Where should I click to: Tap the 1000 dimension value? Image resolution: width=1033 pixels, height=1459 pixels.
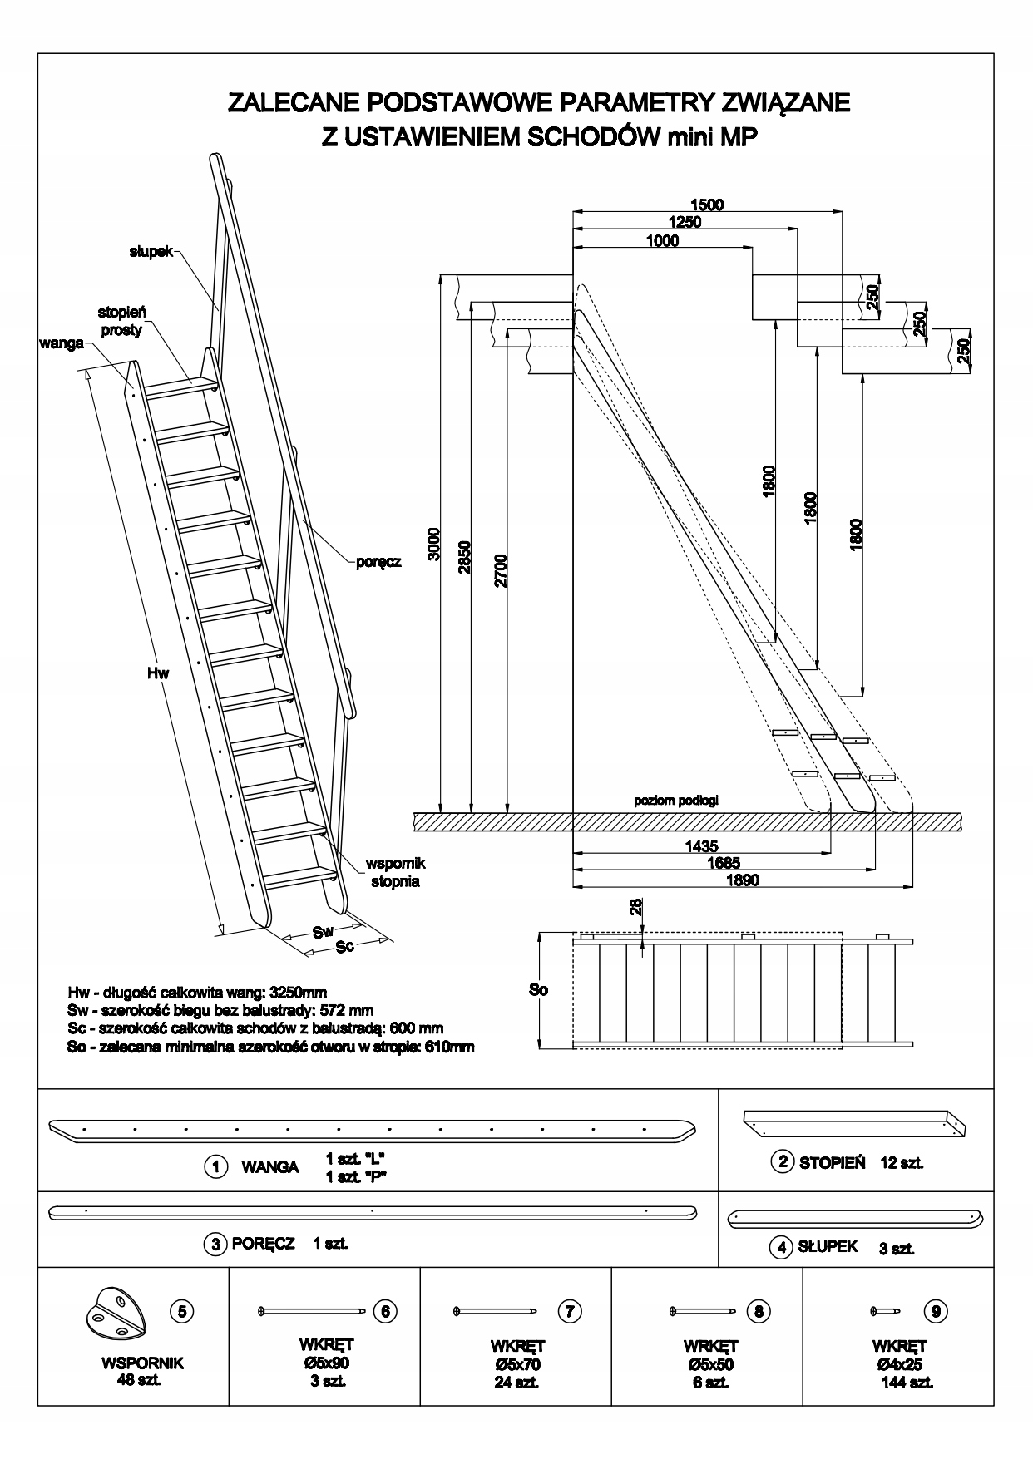(662, 241)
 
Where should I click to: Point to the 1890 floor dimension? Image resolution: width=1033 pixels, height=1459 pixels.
(742, 880)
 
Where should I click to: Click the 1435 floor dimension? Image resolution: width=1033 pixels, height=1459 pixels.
(701, 846)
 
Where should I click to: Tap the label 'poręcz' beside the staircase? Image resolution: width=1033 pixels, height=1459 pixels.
(378, 562)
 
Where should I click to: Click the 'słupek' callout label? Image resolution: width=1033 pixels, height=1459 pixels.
(151, 251)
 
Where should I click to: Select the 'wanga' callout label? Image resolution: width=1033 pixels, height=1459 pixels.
(61, 343)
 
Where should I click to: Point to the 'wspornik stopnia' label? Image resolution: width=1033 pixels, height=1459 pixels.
(395, 872)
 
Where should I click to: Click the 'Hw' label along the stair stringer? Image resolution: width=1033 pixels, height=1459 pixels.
(158, 673)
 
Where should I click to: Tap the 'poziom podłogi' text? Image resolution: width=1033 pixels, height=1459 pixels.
(676, 801)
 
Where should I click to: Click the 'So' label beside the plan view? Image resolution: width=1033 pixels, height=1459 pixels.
(539, 990)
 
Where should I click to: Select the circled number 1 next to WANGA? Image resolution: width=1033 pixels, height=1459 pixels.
(216, 1167)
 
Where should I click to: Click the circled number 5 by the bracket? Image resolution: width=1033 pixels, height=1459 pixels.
(182, 1311)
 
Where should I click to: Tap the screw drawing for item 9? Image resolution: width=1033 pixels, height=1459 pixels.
(887, 1311)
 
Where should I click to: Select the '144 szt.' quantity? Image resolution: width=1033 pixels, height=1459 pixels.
(907, 1383)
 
